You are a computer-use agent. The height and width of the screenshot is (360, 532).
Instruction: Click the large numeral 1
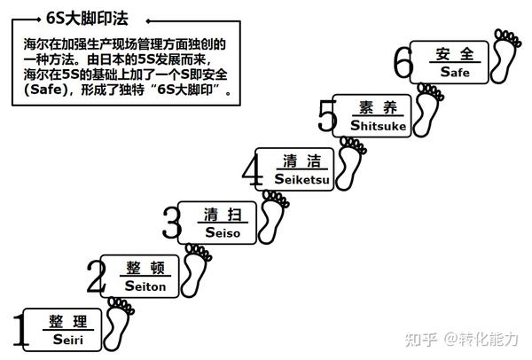16,330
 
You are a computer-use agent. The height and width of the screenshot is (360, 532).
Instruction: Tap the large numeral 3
171,222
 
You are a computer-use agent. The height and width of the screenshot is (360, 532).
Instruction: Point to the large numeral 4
254,169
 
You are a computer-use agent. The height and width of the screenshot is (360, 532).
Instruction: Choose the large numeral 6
404,65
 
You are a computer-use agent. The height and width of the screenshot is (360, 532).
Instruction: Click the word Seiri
67,339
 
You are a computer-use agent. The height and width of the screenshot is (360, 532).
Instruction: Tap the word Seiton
145,286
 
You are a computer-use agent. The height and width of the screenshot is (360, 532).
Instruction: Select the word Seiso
223,232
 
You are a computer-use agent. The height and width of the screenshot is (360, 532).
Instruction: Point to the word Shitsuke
379,126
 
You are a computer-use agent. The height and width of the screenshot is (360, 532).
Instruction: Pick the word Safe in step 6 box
454,72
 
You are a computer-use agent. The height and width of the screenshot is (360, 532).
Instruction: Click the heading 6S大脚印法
82,17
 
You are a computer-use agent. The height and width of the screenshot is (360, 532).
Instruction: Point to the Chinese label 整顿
145,266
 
